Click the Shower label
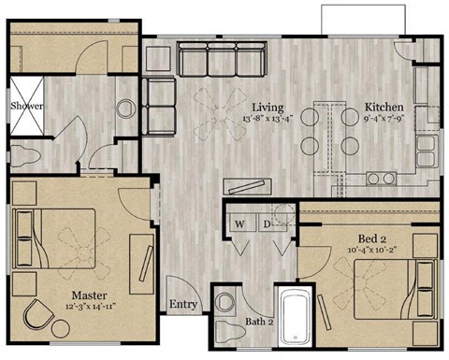(26, 107)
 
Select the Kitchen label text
(384, 107)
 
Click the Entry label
(181, 305)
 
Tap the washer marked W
(239, 224)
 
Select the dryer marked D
(267, 224)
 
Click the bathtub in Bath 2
(297, 317)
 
